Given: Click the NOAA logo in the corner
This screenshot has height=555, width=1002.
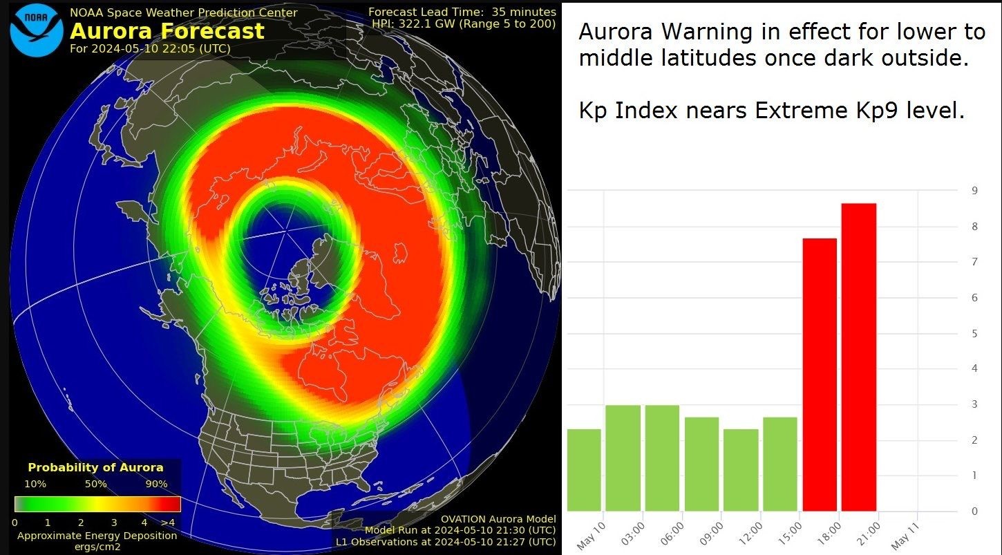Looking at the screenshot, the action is [x=36, y=30].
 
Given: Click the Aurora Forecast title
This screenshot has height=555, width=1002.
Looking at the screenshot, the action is [x=167, y=31].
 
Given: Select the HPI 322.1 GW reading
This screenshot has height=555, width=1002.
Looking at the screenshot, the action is [x=464, y=23].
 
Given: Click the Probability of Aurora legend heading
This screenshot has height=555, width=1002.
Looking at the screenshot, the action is [x=96, y=467].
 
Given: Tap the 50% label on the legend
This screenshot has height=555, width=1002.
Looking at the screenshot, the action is [x=96, y=484].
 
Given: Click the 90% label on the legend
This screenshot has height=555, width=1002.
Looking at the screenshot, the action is [x=157, y=484].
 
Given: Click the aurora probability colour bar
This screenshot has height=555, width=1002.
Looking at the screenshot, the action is [x=97, y=504].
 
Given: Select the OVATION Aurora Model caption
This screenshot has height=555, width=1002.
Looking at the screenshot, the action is [x=498, y=519].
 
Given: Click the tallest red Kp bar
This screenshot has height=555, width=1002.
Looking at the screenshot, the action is [x=859, y=357].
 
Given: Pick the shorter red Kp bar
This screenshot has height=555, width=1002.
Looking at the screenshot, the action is [x=820, y=375].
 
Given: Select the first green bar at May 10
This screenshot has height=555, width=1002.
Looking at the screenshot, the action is [x=584, y=470].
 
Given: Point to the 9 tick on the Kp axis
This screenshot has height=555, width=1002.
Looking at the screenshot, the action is [x=974, y=191].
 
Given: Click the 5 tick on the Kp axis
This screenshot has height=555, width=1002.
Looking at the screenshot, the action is [x=974, y=333].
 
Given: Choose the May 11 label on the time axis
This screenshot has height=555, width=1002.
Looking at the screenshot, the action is [x=905, y=536].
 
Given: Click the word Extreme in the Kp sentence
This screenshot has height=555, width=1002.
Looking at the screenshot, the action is [x=801, y=110].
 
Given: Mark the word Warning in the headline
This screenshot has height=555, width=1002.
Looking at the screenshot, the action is [x=707, y=32].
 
